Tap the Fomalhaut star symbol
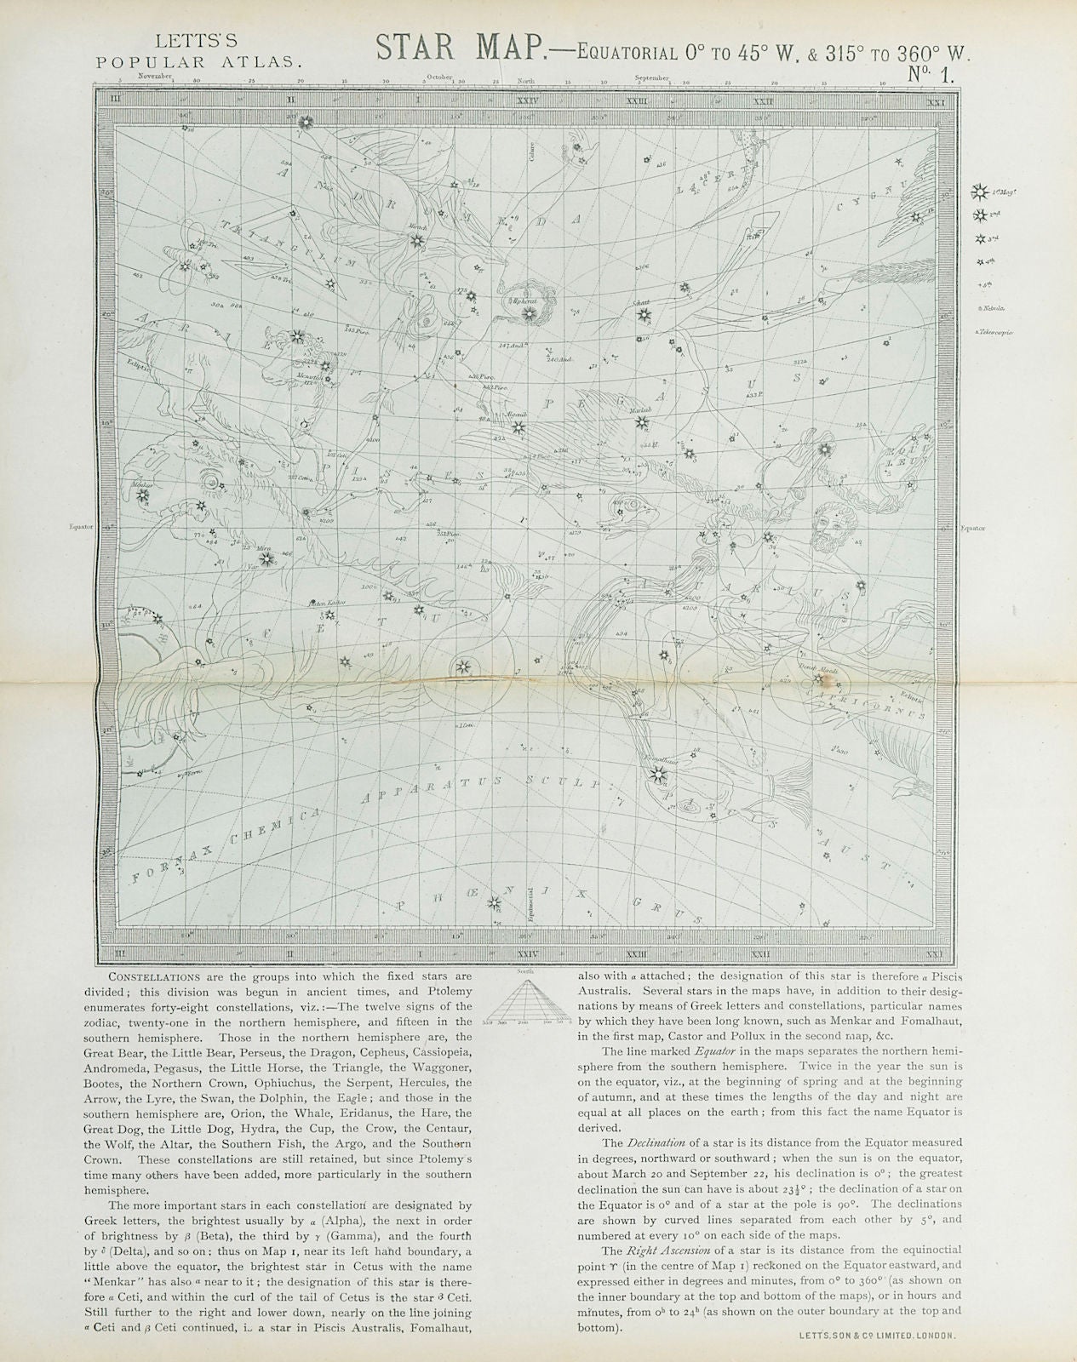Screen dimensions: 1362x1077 tap(656, 773)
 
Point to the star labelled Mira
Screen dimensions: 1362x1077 tap(267, 559)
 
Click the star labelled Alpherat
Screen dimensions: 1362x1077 tap(528, 314)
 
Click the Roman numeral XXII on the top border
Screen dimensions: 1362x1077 tap(764, 101)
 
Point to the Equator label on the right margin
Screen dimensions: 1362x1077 tap(972, 528)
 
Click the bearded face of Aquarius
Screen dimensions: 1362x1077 tap(822, 532)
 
